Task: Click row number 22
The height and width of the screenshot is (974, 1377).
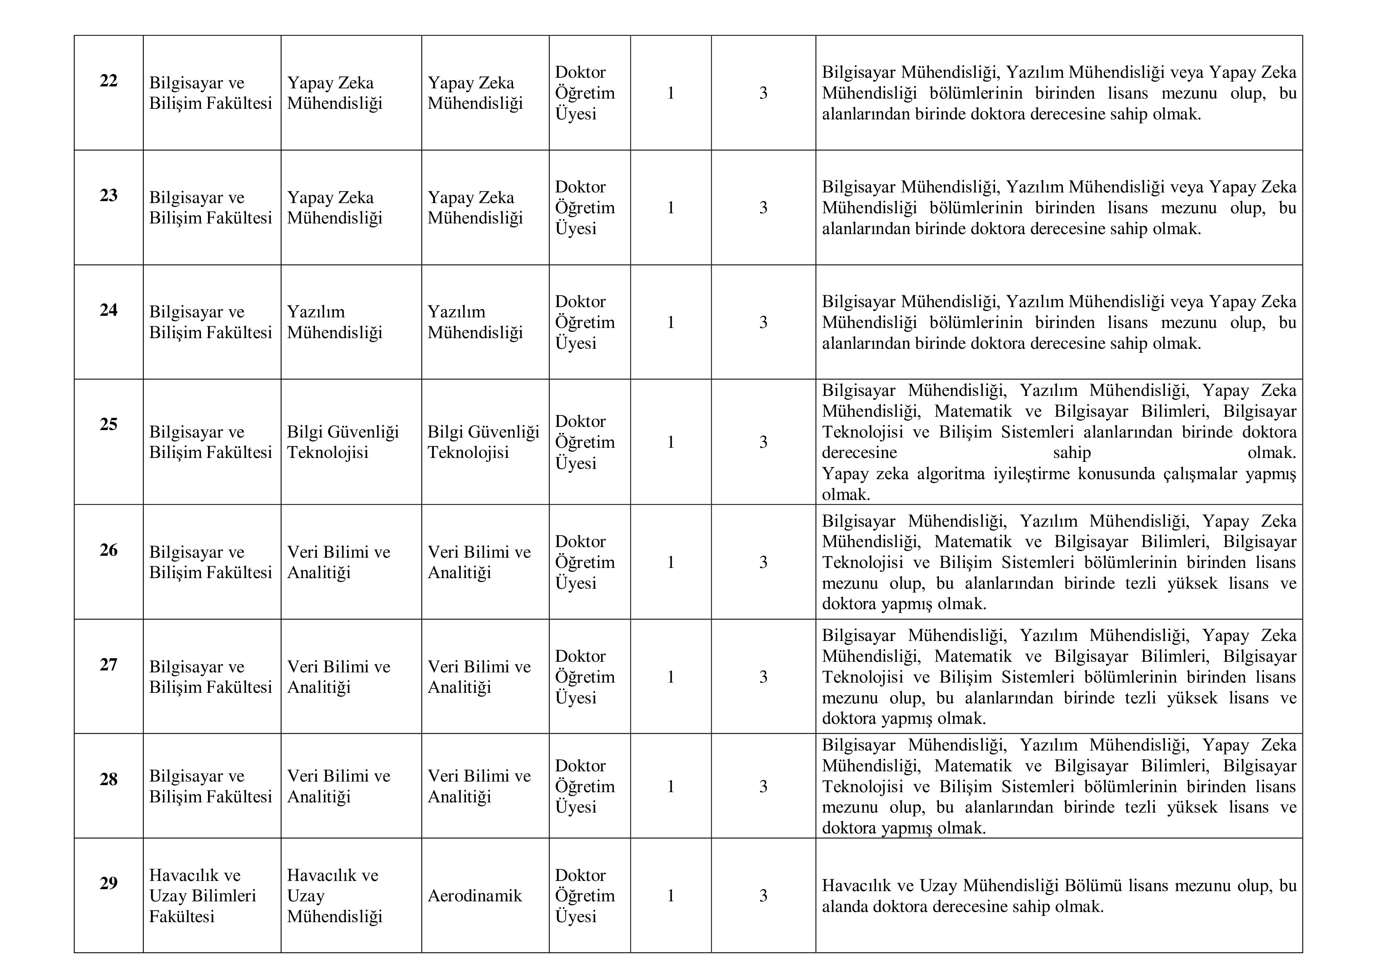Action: pyautogui.click(x=109, y=81)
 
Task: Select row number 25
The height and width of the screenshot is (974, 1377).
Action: pyautogui.click(x=109, y=424)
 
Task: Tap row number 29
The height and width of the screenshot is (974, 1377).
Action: pyautogui.click(x=109, y=883)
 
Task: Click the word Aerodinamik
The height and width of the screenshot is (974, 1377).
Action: pyautogui.click(x=475, y=896)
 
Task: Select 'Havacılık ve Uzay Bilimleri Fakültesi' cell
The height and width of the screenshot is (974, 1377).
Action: pyautogui.click(x=203, y=895)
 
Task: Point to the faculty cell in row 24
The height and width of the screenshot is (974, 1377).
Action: pyautogui.click(x=210, y=322)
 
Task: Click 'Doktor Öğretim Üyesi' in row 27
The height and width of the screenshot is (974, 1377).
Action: pyautogui.click(x=585, y=677)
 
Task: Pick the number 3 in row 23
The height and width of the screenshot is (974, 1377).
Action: pyautogui.click(x=763, y=208)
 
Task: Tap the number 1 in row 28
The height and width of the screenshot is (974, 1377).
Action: pyautogui.click(x=670, y=786)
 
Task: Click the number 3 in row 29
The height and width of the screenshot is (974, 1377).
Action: pyautogui.click(x=763, y=896)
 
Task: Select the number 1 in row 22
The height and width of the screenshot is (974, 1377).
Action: pyautogui.click(x=670, y=93)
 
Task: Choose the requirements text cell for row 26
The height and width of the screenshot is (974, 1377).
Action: pyautogui.click(x=1059, y=562)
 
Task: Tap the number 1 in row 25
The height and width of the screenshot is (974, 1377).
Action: pyautogui.click(x=670, y=442)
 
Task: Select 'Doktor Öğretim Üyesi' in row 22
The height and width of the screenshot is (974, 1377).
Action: pyautogui.click(x=585, y=93)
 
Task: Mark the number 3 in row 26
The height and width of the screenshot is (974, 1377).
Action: pyautogui.click(x=763, y=562)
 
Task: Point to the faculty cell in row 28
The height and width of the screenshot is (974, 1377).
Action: pyautogui.click(x=210, y=786)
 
